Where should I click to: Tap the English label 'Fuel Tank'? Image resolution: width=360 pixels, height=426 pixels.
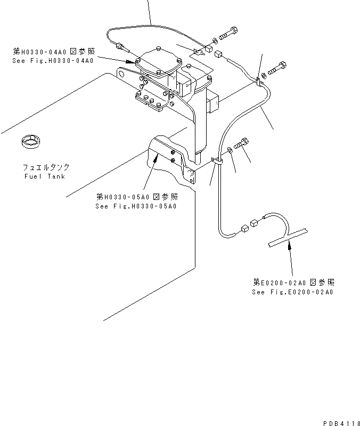45,176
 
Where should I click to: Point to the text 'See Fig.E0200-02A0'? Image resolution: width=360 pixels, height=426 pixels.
292,292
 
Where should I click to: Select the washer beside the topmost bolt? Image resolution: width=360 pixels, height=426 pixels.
214,39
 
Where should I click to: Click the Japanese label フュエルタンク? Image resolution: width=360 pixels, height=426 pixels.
45,167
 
